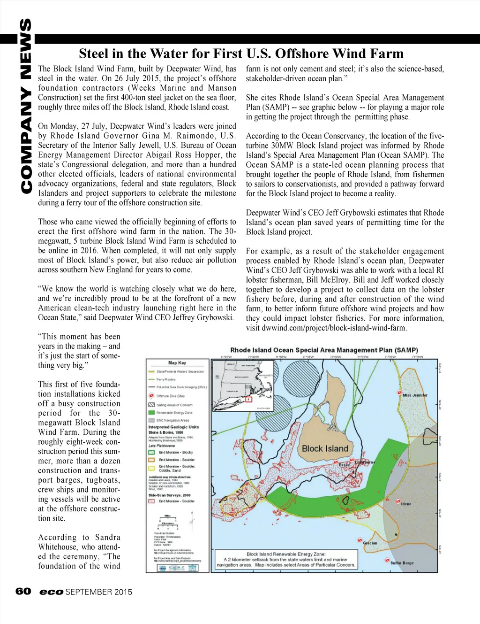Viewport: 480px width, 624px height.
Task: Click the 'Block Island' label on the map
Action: (325, 448)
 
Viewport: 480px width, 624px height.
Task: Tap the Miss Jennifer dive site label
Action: (415, 395)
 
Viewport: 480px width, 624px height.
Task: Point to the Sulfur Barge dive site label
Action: (402, 562)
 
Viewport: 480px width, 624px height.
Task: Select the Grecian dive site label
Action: (370, 543)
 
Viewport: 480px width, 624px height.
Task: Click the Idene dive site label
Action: (406, 504)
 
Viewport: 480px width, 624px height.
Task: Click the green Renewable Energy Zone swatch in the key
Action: (151, 413)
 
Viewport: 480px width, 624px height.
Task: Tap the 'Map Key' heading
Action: (177, 363)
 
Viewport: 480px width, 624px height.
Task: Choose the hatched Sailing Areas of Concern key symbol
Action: (151, 405)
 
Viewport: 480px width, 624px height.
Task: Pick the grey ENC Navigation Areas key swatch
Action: (151, 420)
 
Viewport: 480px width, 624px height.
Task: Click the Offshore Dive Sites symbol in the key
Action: (151, 396)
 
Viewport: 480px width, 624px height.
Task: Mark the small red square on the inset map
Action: (248, 399)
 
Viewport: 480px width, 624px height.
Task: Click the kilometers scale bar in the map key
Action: (167, 525)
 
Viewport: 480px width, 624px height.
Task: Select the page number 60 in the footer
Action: (23, 591)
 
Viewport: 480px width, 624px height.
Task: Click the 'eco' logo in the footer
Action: (51, 592)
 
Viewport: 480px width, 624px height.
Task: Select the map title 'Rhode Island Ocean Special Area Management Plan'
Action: (324, 350)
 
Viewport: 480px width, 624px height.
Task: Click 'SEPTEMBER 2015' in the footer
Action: (99, 592)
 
